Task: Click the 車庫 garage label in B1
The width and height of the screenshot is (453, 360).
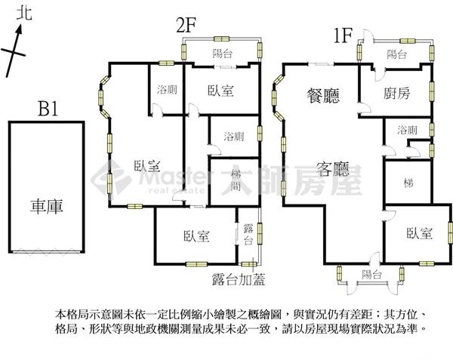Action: tap(47, 206)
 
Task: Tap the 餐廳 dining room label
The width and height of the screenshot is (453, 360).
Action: tap(323, 96)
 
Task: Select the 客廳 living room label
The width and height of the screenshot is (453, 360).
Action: tap(333, 168)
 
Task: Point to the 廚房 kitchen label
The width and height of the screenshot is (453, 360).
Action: tap(396, 94)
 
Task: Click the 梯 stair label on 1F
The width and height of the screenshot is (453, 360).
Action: tap(408, 183)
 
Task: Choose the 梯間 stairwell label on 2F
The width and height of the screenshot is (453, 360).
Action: tap(236, 180)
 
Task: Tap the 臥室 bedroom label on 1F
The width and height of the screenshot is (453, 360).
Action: tap(420, 232)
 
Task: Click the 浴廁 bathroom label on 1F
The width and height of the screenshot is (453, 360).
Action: tap(407, 131)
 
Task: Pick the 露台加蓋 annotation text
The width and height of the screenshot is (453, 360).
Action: tap(239, 279)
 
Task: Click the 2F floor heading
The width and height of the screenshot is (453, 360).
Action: tap(186, 26)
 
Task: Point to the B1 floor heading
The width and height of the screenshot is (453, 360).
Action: tap(48, 109)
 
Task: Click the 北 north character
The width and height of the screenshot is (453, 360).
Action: tap(24, 14)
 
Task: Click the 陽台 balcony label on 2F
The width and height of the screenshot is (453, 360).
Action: tap(222, 54)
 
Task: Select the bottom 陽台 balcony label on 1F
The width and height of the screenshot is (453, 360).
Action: tap(371, 274)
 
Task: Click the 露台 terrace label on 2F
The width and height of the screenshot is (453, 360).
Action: tap(248, 234)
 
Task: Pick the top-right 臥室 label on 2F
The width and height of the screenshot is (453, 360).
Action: tap(220, 91)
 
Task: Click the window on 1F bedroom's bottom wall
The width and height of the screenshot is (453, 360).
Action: tap(427, 263)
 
